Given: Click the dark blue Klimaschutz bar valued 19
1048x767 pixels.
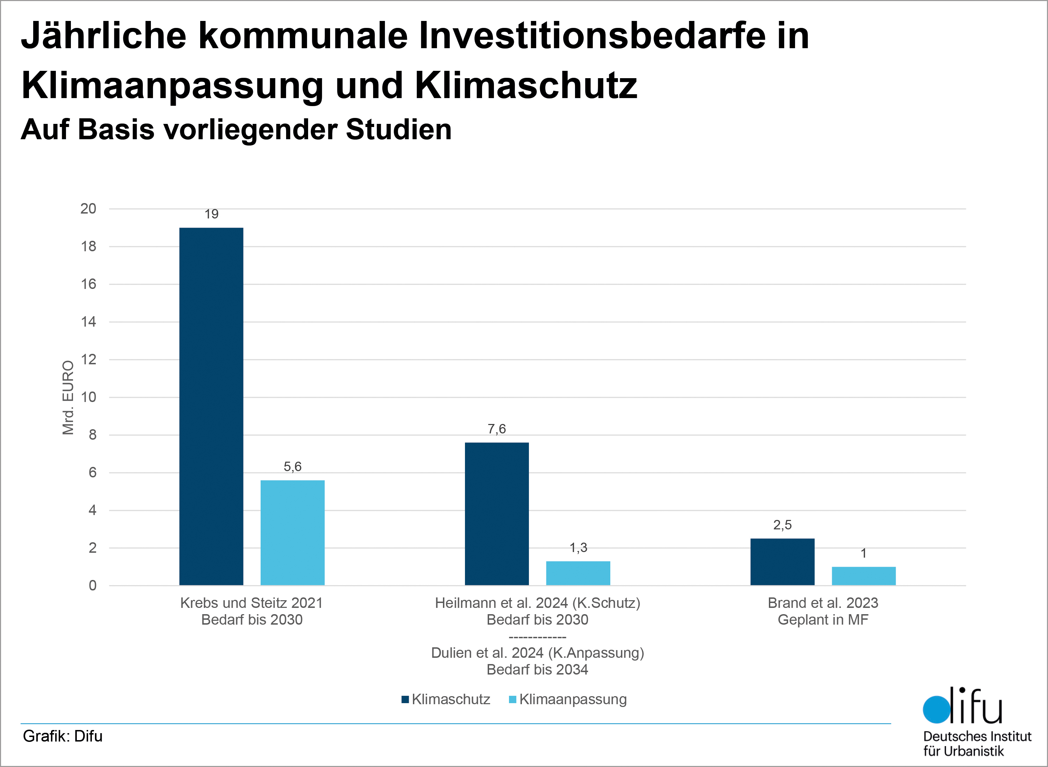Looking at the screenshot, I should [211, 406].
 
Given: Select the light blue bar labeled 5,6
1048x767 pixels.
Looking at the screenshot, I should [292, 533].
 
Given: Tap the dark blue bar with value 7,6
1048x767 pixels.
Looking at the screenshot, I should [496, 514].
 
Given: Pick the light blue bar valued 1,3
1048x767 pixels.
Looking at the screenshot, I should [578, 573].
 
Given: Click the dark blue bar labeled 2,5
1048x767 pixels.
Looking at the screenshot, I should [782, 562].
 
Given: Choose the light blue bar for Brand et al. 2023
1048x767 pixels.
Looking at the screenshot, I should [864, 576].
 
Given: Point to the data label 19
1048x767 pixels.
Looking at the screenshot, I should [211, 214].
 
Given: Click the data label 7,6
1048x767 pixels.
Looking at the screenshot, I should [496, 429].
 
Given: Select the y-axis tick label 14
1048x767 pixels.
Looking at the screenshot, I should [88, 322].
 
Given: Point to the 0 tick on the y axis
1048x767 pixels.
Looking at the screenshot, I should [93, 586].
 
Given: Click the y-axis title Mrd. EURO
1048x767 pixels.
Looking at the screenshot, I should [68, 397].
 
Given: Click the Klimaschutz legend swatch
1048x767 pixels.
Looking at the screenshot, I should [405, 699].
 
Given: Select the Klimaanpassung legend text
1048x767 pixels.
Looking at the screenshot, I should [573, 699].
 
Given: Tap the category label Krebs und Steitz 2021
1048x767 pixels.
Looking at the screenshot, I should [252, 603].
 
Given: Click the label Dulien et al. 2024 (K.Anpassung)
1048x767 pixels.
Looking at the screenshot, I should [537, 653].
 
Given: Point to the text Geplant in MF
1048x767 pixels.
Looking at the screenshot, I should [823, 620].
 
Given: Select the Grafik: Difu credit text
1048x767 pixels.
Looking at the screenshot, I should [63, 736].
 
